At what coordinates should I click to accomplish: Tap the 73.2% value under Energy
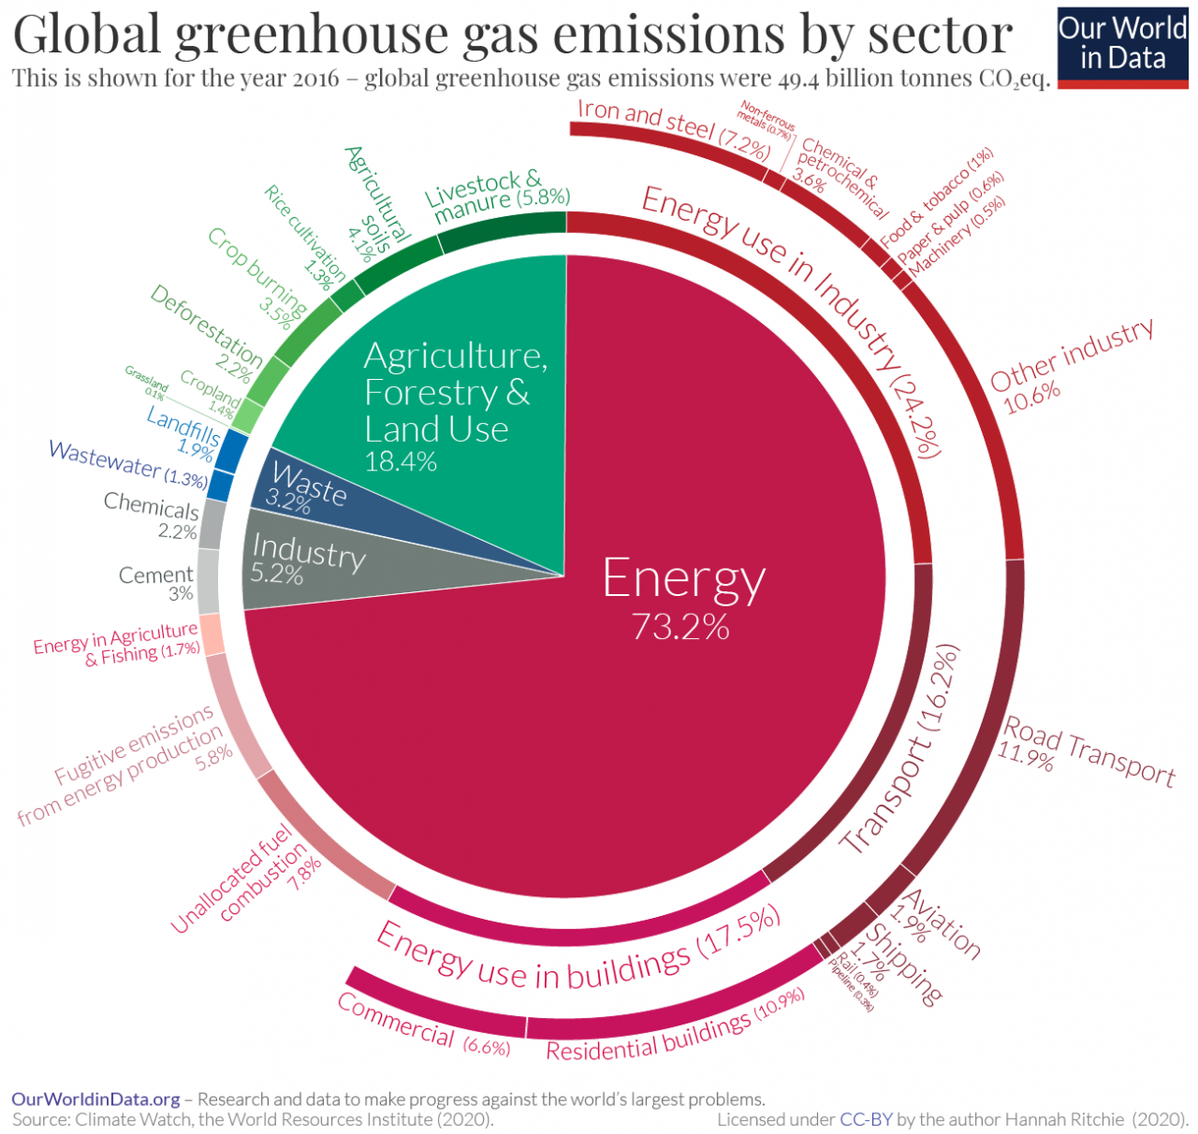pos(680,627)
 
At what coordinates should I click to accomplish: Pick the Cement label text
pos(155,575)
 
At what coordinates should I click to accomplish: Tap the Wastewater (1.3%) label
pos(128,463)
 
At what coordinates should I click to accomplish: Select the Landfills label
pos(184,429)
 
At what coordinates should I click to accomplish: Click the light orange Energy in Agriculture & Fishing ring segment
pos(211,633)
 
